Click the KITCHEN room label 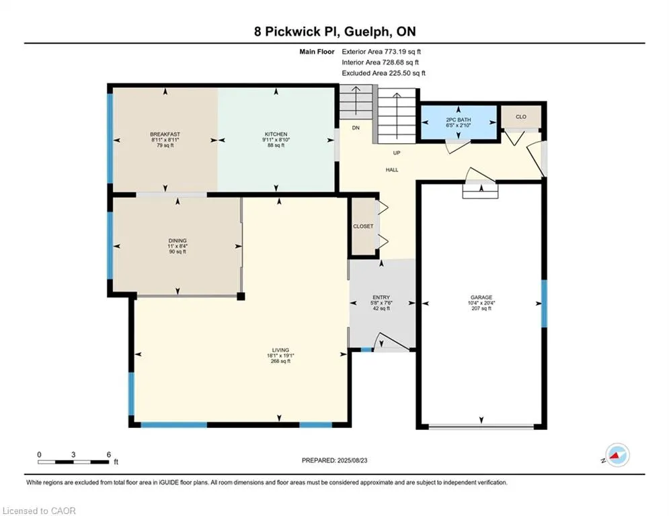276,134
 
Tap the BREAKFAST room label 165,134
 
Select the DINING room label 178,241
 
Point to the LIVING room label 281,350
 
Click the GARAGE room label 481,297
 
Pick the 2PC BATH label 459,120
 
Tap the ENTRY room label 381,297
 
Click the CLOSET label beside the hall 363,226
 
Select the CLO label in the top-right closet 521,116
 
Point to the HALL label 392,170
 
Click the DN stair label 356,128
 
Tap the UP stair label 397,153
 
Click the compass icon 617,455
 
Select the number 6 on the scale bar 109,455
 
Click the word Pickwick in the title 292,32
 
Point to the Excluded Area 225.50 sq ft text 383,73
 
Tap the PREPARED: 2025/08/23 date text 335,460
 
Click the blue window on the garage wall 545,303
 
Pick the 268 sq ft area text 281,361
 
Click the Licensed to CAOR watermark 39,511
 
